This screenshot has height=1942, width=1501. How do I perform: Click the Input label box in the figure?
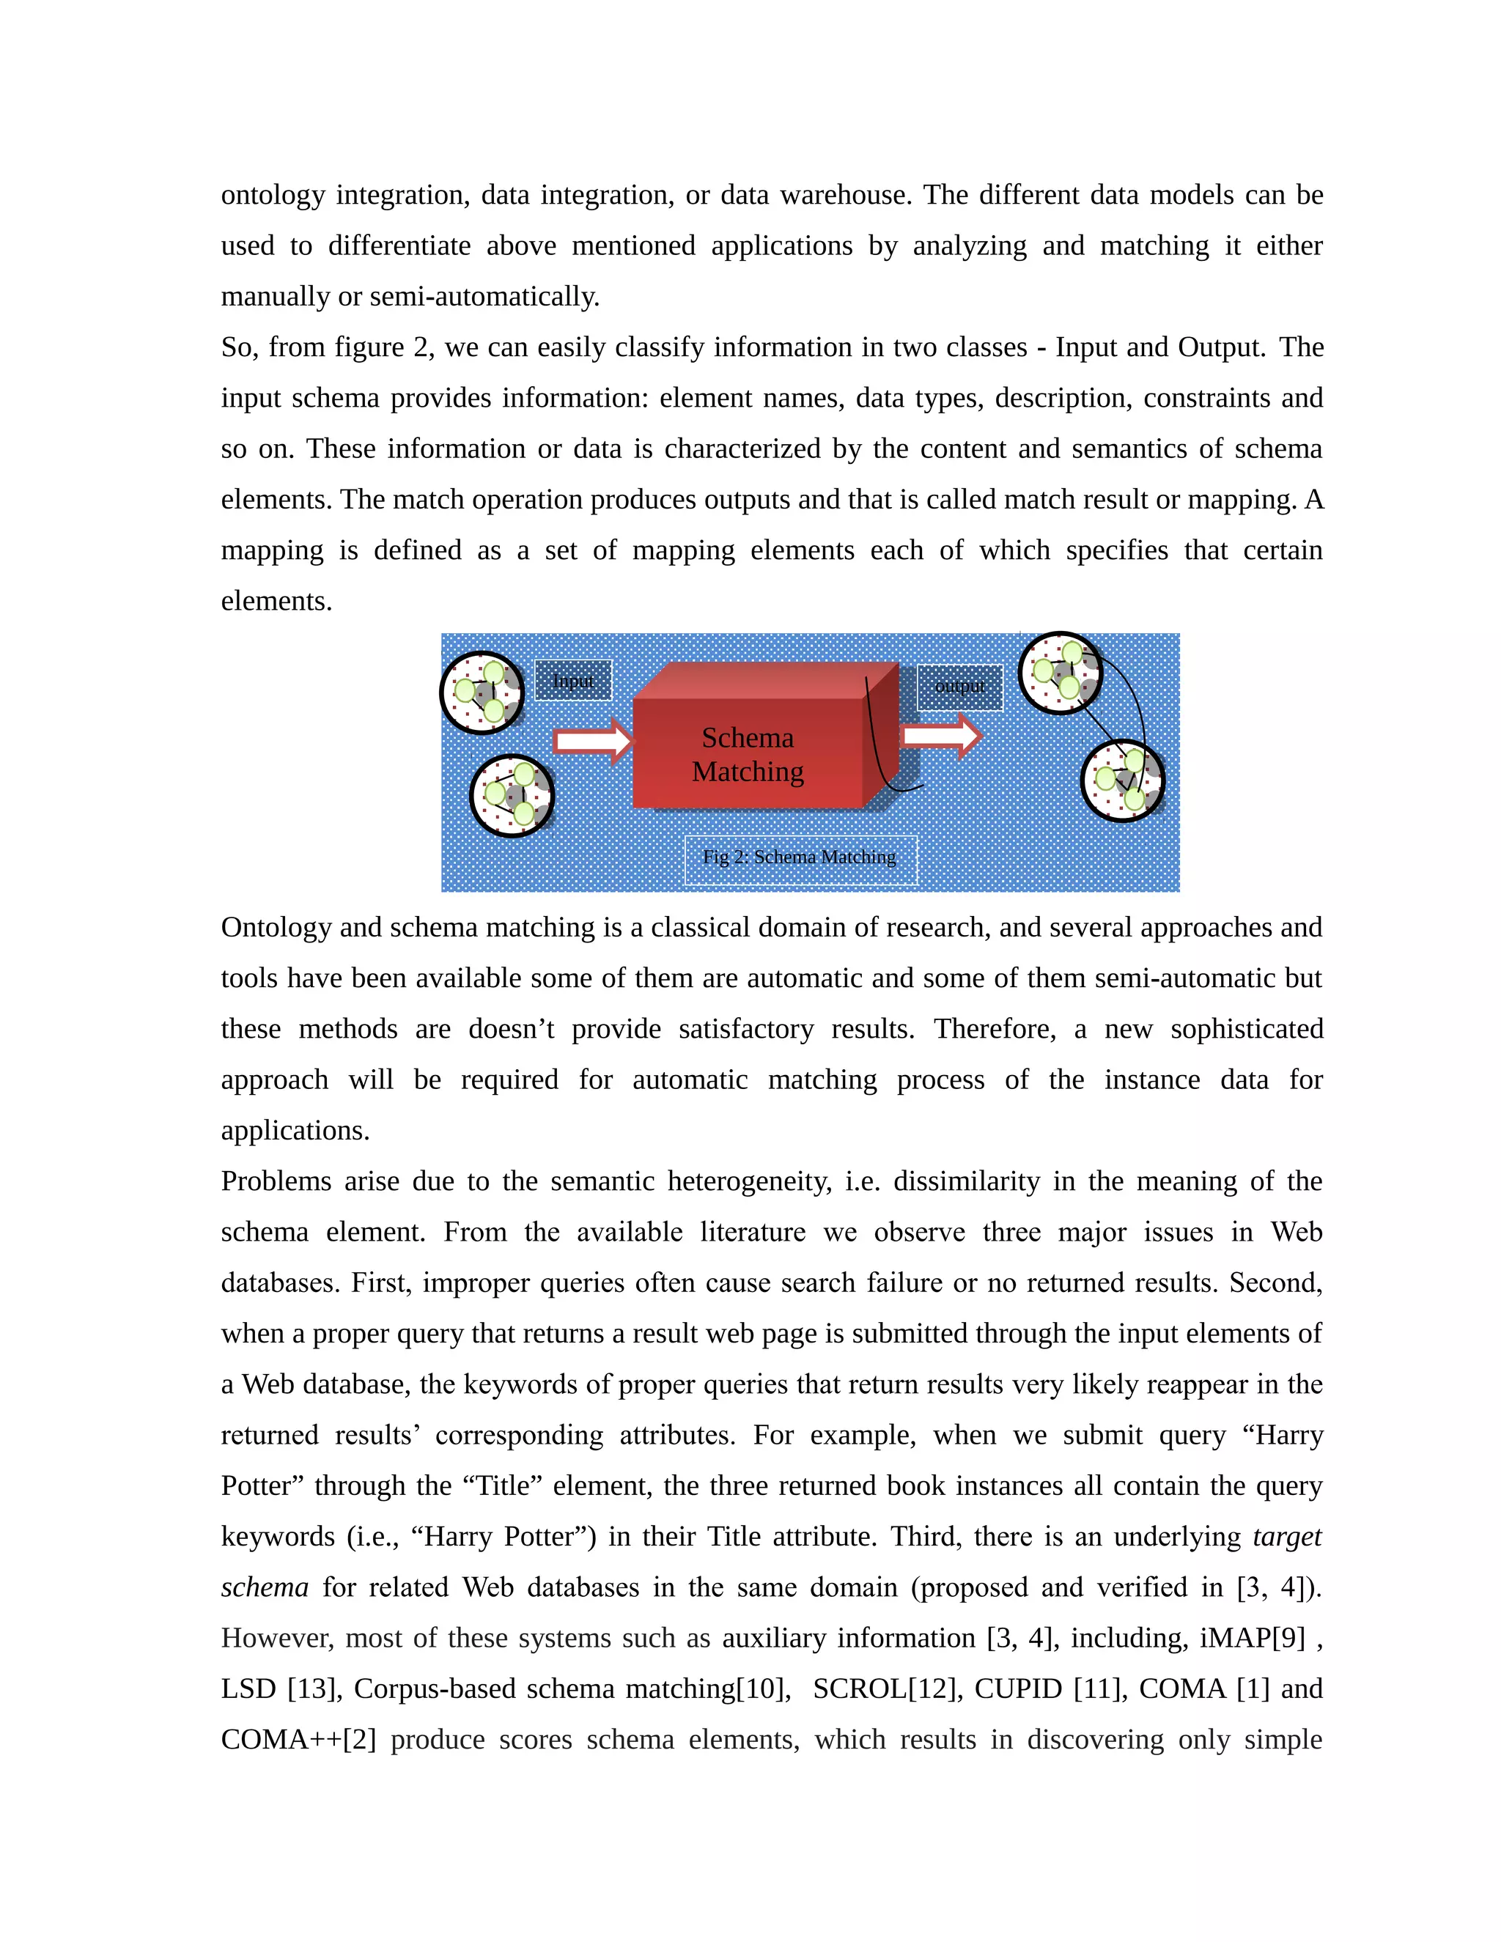click(x=572, y=680)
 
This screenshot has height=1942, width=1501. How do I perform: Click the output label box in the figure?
click(x=959, y=687)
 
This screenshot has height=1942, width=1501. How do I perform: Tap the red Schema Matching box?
click(x=748, y=754)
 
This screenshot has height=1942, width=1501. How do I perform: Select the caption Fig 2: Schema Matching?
click(x=800, y=857)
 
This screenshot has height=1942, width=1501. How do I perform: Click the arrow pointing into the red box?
click(x=592, y=741)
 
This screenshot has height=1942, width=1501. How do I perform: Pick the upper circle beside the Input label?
click(x=482, y=693)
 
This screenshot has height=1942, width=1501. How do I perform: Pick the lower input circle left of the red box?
click(x=512, y=796)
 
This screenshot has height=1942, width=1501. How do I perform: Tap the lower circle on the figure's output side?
click(x=1123, y=780)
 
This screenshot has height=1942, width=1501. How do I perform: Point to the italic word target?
click(x=1287, y=1537)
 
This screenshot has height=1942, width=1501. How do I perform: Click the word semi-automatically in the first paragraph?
click(x=484, y=296)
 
